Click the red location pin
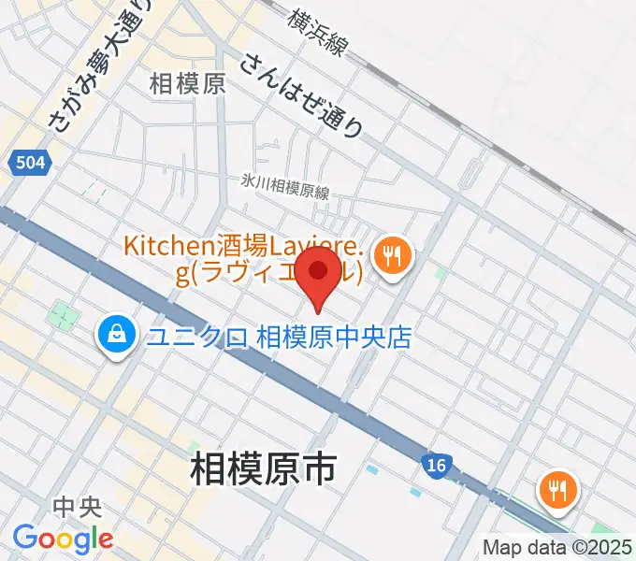[321, 272]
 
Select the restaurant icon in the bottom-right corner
[557, 492]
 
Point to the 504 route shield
[30, 164]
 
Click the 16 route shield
[433, 465]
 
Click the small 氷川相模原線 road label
[285, 188]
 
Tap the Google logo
[63, 539]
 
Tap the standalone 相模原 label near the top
[187, 84]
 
